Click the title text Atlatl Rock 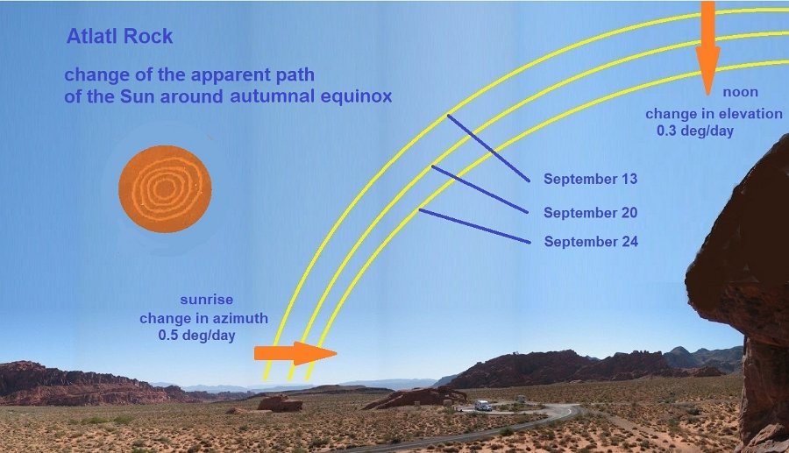point(120,36)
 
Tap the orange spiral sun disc point(165,189)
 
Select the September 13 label point(590,179)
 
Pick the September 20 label point(590,213)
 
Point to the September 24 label point(591,242)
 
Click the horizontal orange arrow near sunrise point(295,353)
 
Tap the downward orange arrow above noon point(708,48)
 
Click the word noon point(740,93)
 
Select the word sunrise point(207,300)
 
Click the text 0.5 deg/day point(196,336)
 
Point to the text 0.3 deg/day point(695,131)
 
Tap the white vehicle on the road point(483,405)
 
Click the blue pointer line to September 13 point(488,148)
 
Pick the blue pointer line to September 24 point(474,226)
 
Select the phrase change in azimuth point(203,318)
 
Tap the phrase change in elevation point(714,114)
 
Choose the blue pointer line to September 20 point(480,189)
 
